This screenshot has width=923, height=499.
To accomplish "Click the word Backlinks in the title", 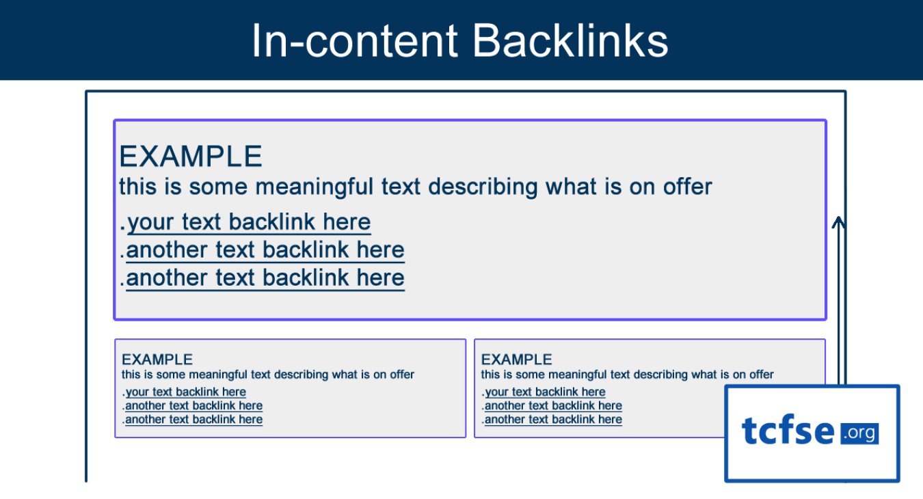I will (570, 41).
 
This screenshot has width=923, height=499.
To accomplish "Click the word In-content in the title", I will (353, 41).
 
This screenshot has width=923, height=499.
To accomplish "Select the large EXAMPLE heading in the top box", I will (191, 157).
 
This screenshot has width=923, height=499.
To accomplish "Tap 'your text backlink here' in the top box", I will (249, 222).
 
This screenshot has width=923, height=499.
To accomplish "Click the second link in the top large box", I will (265, 250).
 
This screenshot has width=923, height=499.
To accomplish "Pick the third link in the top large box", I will (265, 278).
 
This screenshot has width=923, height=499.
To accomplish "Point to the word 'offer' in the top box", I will (687, 187).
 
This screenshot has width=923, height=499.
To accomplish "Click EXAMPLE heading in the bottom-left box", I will (157, 360).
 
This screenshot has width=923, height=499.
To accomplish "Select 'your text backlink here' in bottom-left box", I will (185, 392).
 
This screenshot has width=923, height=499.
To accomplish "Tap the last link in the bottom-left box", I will (193, 420).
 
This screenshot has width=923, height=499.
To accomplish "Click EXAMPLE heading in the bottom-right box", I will (516, 360).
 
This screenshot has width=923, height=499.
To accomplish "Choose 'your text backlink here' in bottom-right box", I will (545, 392).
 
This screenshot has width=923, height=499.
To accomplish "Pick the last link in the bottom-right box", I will (553, 420).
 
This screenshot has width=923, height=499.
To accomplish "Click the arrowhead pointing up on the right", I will (839, 222).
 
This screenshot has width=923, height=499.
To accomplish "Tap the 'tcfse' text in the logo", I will (788, 432).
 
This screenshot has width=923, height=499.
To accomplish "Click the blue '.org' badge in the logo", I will (859, 433).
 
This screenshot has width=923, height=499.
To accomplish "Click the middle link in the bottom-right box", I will (553, 406).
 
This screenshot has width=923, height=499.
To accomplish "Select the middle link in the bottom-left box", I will (193, 406).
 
